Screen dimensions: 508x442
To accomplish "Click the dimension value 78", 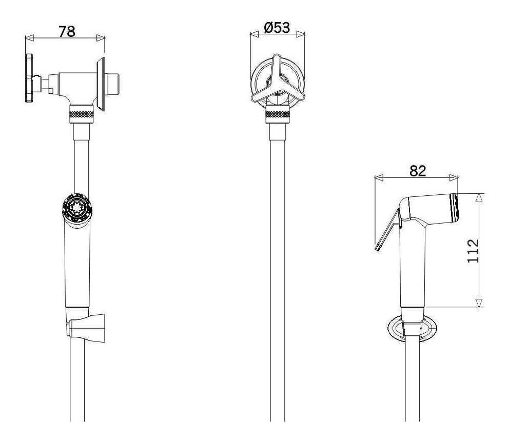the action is coord(67,31).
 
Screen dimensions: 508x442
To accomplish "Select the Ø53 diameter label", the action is coord(277,28).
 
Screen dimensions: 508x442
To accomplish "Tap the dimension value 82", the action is coord(418,171).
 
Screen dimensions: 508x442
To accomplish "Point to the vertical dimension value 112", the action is coord(473,251).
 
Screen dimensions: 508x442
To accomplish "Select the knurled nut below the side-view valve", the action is coord(82,114).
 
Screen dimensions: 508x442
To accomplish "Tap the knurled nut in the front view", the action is coord(278,114).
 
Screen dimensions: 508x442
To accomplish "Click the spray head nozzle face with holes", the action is coord(77,207).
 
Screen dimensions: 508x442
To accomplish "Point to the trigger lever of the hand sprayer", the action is coord(387,230).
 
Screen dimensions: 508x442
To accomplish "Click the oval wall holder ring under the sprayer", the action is coord(412,328).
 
